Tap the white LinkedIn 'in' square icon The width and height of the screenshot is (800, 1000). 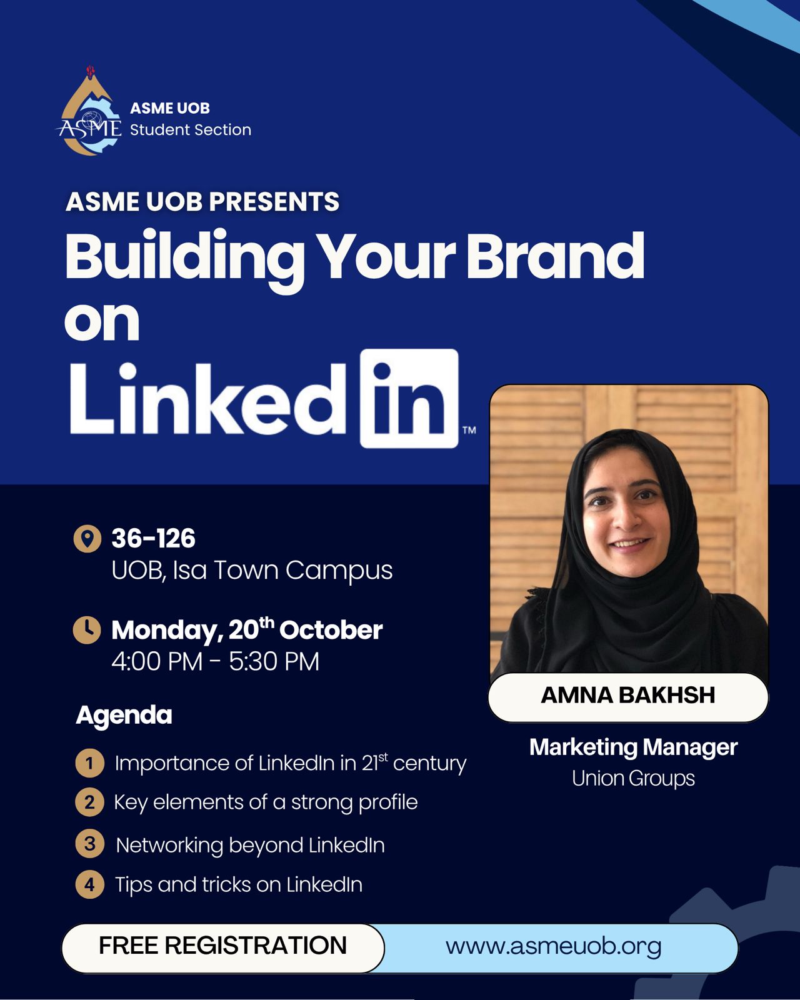(409, 399)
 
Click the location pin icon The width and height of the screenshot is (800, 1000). (87, 538)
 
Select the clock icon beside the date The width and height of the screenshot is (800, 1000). (87, 630)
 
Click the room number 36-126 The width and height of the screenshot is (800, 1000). (153, 539)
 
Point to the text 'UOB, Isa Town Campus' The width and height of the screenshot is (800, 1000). (252, 571)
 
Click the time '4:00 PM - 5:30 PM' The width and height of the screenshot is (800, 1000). (215, 661)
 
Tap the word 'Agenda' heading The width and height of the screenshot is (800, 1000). (124, 715)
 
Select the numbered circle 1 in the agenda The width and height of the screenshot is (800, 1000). (89, 763)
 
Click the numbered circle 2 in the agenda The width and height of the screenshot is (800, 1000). (89, 802)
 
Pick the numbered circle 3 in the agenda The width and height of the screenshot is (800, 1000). (89, 844)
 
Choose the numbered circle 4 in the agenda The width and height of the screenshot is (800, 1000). (89, 885)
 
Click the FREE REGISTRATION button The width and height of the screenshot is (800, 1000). (222, 946)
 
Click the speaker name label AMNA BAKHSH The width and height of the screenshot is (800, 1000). (628, 696)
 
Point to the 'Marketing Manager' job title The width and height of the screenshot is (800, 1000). (633, 747)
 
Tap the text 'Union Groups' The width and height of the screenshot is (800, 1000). (633, 779)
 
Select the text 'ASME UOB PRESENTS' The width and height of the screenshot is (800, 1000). (202, 202)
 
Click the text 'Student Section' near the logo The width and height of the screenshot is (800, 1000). (190, 130)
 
